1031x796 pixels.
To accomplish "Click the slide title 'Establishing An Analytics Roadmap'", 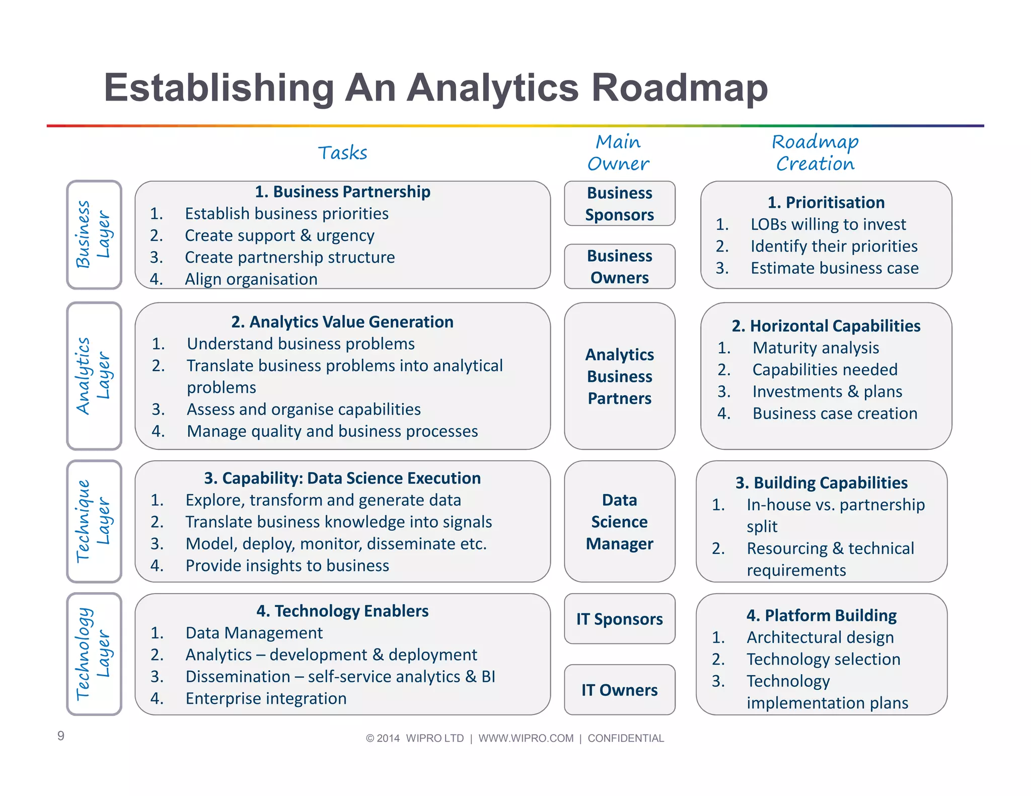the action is pyautogui.click(x=435, y=88).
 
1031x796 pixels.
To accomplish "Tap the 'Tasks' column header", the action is pyautogui.click(x=342, y=152).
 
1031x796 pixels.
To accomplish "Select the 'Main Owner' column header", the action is pyautogui.click(x=618, y=152).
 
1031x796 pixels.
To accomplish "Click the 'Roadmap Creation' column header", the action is pyautogui.click(x=815, y=152).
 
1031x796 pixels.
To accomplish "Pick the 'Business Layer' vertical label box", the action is pyautogui.click(x=94, y=234).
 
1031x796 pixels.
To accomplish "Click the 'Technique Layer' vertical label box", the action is pyautogui.click(x=94, y=521).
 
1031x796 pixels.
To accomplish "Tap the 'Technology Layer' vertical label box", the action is pyautogui.click(x=94, y=654).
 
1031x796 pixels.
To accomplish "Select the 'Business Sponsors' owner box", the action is pyautogui.click(x=619, y=203).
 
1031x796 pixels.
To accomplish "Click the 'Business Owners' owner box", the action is pyautogui.click(x=619, y=266).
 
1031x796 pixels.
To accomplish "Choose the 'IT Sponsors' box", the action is pyautogui.click(x=619, y=618).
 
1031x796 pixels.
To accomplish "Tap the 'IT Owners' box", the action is pyautogui.click(x=619, y=689).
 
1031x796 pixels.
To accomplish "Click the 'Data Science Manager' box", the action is pyautogui.click(x=619, y=521).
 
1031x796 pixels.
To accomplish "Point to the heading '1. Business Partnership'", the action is pyautogui.click(x=342, y=192).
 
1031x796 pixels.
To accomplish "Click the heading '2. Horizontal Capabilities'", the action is pyautogui.click(x=826, y=326).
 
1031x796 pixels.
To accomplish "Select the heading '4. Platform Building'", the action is pyautogui.click(x=822, y=615).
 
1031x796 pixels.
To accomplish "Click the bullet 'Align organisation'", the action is pyautogui.click(x=251, y=279).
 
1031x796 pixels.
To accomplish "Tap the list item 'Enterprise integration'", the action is pyautogui.click(x=266, y=698).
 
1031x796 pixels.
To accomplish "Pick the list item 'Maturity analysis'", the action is pyautogui.click(x=816, y=348).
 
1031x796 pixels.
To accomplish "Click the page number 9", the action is pyautogui.click(x=61, y=736).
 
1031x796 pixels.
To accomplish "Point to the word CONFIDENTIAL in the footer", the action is pyautogui.click(x=626, y=738).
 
